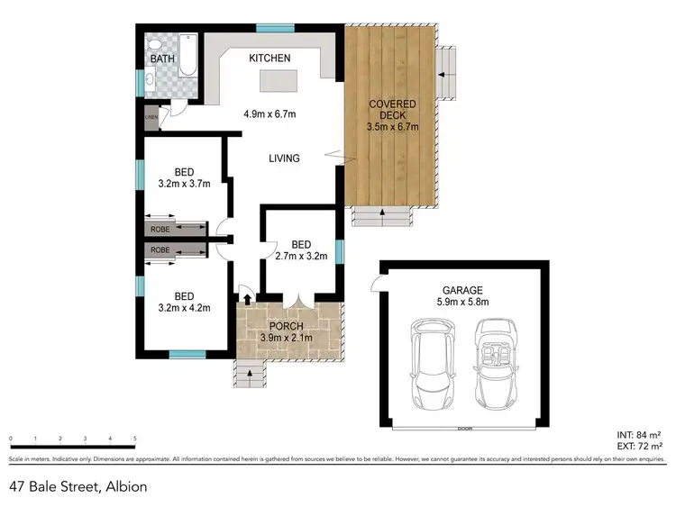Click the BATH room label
[x=163, y=59]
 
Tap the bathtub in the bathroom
[x=187, y=55]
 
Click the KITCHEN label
[x=269, y=59]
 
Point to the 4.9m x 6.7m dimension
[x=270, y=114]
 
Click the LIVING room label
[x=284, y=158]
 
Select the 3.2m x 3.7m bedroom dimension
[x=184, y=184]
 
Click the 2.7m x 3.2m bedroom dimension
[x=301, y=257]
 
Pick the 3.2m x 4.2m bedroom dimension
[x=184, y=307]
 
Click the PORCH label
[x=287, y=326]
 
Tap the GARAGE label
[x=462, y=291]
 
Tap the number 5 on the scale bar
[x=134, y=439]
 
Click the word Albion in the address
[x=125, y=486]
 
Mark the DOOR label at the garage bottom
[x=463, y=428]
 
